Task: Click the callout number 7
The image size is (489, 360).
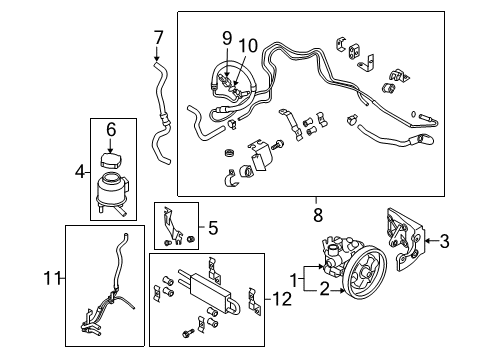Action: pos(158,37)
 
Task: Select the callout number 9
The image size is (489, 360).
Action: pos(227,39)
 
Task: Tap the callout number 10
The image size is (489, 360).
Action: pos(248,45)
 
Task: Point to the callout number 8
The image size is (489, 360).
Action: pos(318,215)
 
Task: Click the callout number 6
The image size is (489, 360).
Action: pos(111,129)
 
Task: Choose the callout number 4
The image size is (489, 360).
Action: pos(80,172)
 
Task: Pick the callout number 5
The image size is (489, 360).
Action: pos(213,228)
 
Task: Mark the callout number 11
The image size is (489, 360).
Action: pos(52,278)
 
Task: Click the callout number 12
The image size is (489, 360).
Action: pos(282,299)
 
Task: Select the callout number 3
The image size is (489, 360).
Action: pos(444,241)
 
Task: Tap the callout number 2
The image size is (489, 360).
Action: pos(324,289)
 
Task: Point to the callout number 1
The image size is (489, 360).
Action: pos(294,280)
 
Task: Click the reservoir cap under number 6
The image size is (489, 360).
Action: pos(110,161)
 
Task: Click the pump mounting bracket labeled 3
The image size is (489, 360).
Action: pos(406,239)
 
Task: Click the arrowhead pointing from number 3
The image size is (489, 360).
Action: pos(428,240)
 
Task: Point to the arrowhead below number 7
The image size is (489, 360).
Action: pos(157,58)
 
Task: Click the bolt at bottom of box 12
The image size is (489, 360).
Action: pos(188,332)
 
